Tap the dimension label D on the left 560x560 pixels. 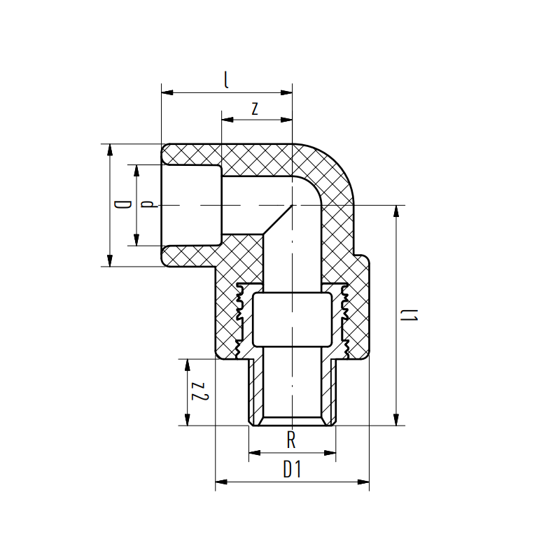pyautogui.click(x=122, y=205)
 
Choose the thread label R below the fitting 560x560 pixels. pyautogui.click(x=291, y=441)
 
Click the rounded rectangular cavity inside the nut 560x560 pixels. pyautogui.click(x=291, y=319)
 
